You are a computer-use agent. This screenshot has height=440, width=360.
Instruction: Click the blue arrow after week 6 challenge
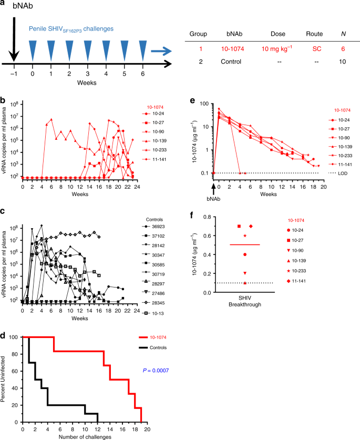161,50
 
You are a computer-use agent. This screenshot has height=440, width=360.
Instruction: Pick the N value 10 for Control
342,62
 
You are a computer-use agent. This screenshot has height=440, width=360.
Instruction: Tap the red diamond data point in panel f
251,226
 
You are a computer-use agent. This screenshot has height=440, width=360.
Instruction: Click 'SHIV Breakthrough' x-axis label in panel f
244,305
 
